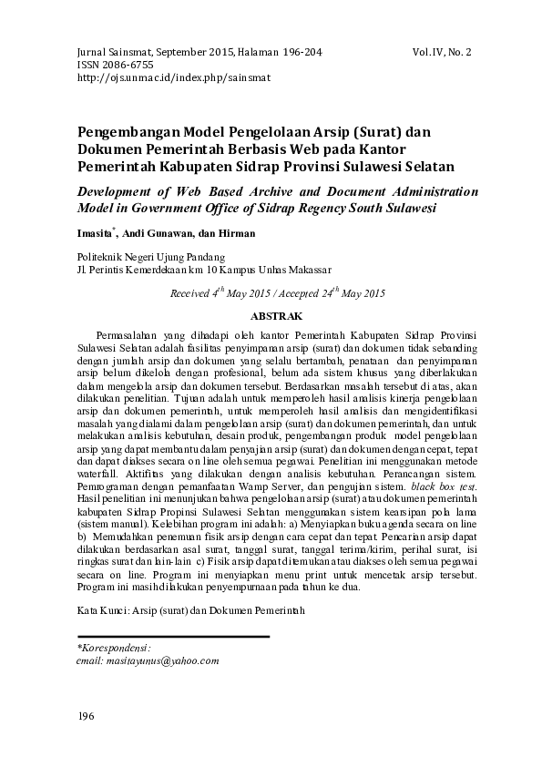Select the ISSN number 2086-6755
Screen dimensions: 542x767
128,66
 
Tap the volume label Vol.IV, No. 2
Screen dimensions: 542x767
442,53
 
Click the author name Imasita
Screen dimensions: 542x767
94,233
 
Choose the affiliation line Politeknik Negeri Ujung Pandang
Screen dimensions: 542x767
151,258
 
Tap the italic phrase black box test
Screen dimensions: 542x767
444,487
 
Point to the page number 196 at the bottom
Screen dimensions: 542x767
87,717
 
